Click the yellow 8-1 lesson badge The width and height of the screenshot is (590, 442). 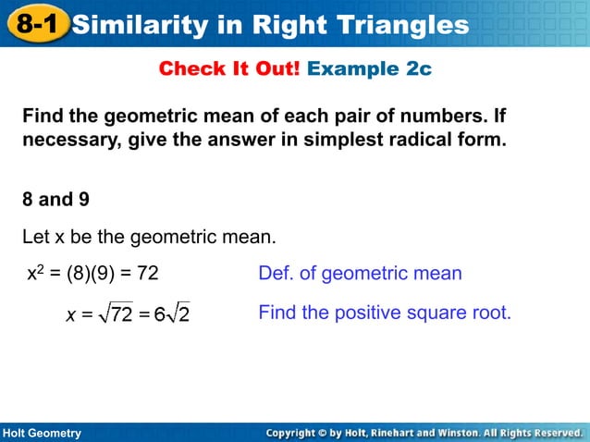[x=36, y=24]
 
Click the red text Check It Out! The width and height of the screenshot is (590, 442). [x=228, y=69]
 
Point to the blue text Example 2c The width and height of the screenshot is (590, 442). [x=369, y=69]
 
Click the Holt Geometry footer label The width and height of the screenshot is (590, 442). [x=42, y=433]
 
